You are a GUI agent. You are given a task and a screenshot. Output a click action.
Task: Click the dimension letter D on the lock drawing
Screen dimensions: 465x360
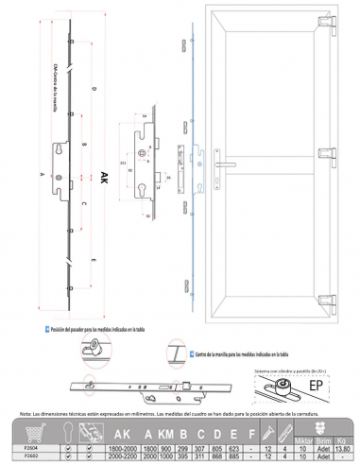pos(94,89)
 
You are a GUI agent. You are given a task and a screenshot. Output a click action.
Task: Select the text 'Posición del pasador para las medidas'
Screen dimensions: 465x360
pos(80,326)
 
